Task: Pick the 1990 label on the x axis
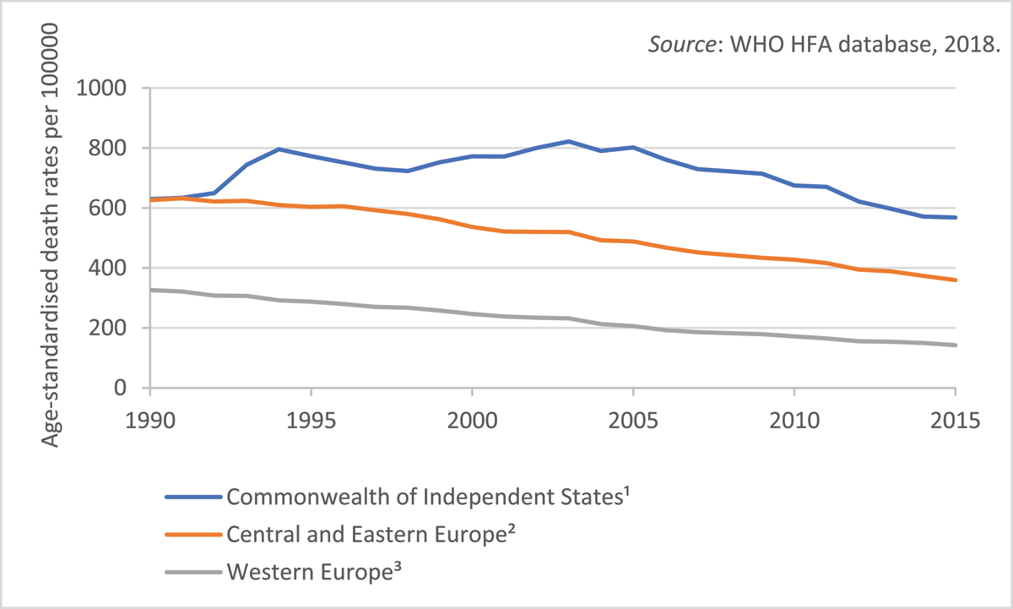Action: tap(149, 420)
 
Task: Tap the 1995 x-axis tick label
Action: tap(311, 420)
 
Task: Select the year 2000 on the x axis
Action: tap(472, 420)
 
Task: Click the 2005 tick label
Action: tap(633, 420)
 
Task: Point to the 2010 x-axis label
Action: tap(794, 420)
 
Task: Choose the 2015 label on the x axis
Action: tap(955, 420)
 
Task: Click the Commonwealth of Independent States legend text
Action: tap(429, 497)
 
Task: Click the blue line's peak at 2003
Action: tap(569, 141)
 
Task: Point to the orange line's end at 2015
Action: tap(955, 280)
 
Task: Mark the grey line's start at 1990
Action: tap(150, 290)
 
